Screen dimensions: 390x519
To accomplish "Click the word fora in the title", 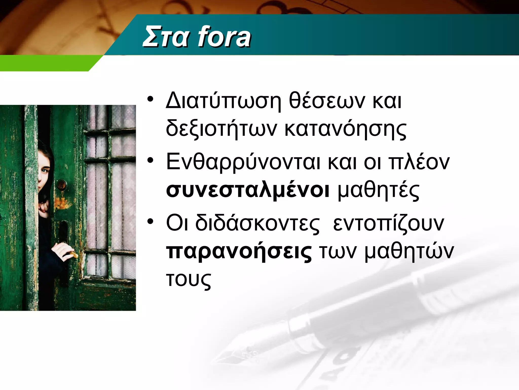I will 224,38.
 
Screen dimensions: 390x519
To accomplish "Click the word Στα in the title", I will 166,38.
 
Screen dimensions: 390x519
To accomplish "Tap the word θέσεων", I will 327,101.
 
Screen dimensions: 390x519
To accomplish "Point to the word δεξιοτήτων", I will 221,129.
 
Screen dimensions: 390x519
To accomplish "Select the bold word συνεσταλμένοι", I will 248,190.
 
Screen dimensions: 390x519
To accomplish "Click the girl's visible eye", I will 45,171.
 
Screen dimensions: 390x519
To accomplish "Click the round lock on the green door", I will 62,185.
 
